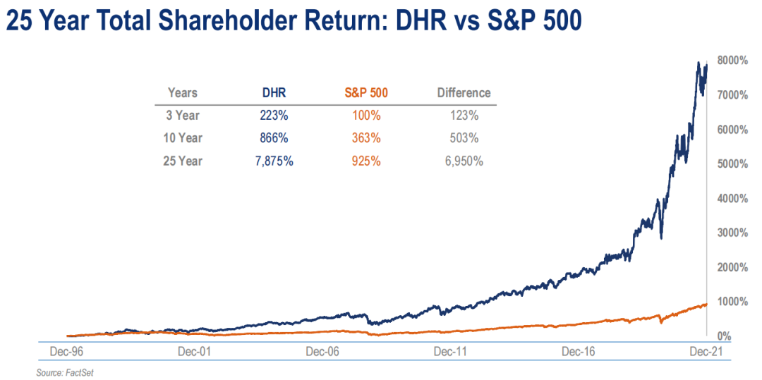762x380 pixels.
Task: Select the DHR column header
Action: [x=270, y=92]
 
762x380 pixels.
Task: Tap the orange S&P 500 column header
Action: [x=366, y=92]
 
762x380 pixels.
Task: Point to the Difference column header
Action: [x=464, y=92]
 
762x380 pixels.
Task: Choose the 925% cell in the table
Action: [x=366, y=161]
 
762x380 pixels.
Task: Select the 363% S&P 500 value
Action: [x=366, y=137]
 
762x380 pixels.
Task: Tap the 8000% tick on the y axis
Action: [x=732, y=61]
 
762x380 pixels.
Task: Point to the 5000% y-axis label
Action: [x=732, y=164]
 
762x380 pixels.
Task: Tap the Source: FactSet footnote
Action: [x=65, y=372]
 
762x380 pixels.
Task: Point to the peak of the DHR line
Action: [x=698, y=63]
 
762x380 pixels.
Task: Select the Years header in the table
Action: [x=183, y=92]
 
